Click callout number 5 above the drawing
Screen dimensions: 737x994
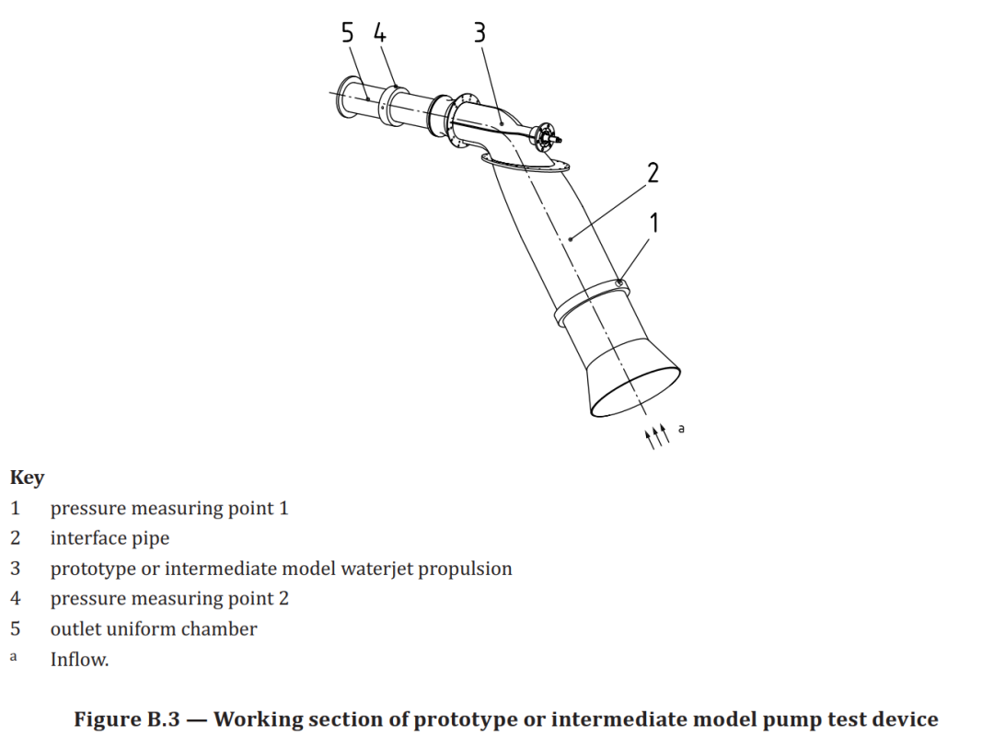[x=347, y=34]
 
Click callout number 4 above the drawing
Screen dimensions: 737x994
[x=380, y=34]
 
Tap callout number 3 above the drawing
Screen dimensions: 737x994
[x=480, y=34]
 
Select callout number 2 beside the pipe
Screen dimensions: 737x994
[x=653, y=172]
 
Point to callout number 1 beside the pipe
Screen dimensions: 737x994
[x=654, y=223]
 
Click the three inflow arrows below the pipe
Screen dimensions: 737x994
[x=657, y=436]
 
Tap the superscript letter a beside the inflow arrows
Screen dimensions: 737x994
[x=681, y=428]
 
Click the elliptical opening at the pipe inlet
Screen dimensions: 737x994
[x=634, y=391]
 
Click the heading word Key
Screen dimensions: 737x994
[x=27, y=478]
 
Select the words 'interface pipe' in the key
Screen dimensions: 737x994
[x=110, y=538]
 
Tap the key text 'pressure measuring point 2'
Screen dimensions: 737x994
[x=169, y=599]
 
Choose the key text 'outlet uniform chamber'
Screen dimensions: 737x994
[x=154, y=629]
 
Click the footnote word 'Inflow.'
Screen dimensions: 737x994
[x=79, y=660]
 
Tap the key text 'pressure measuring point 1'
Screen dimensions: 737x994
[x=169, y=508]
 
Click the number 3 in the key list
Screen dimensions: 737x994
[x=15, y=569]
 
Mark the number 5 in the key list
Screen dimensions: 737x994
[x=15, y=629]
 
